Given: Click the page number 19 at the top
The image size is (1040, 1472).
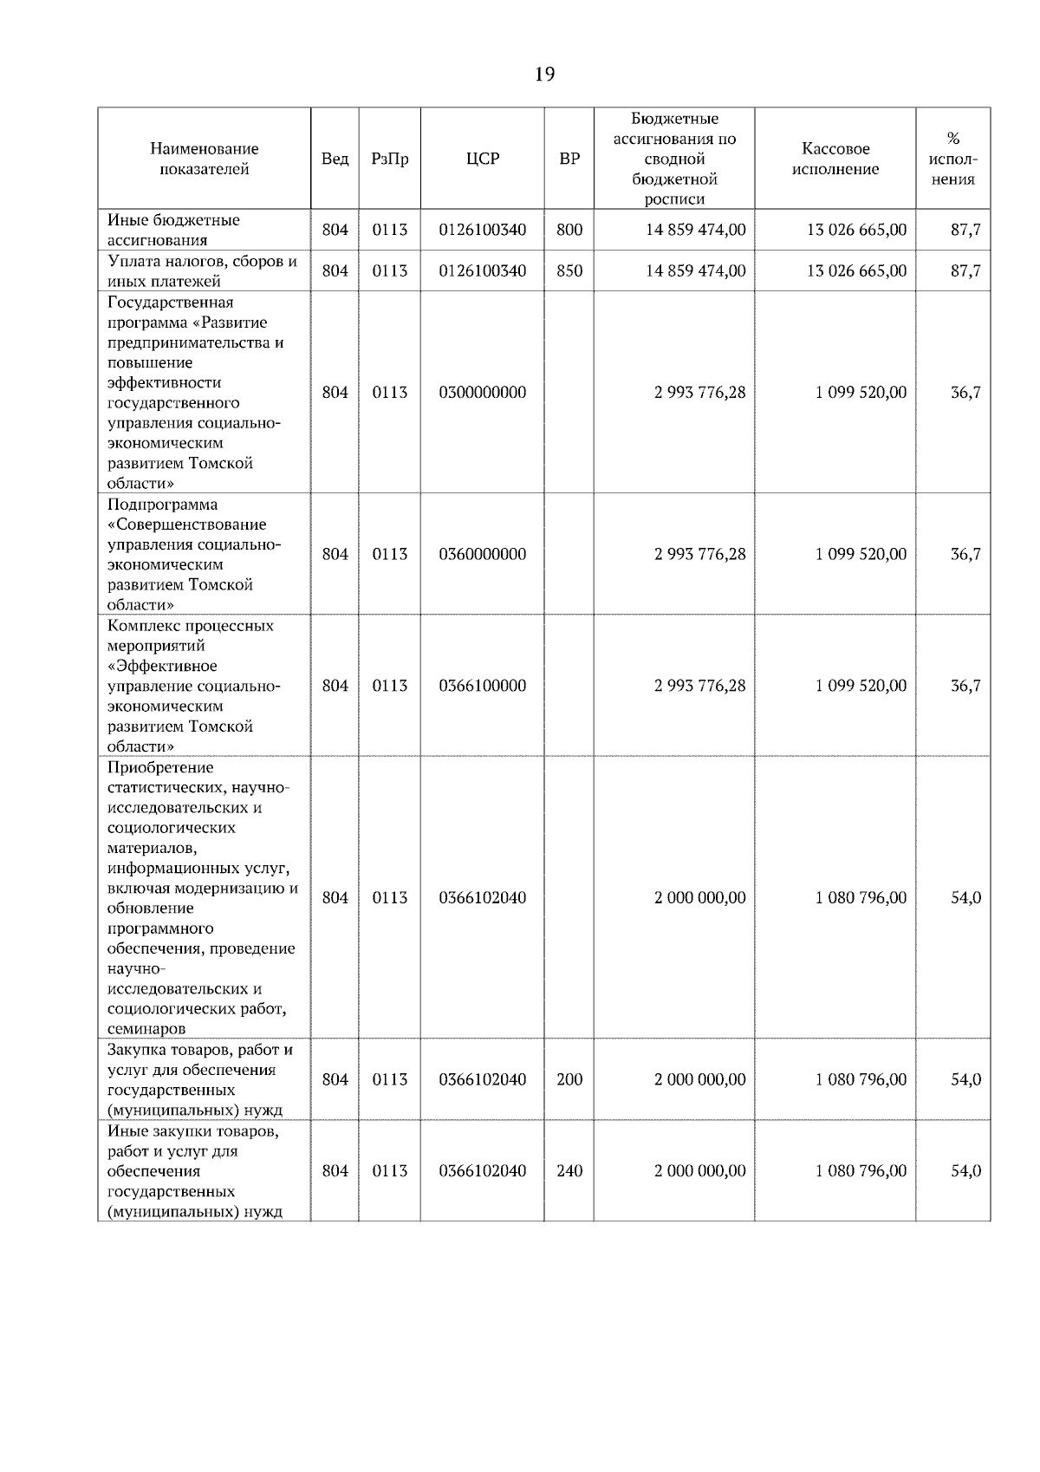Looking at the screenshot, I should point(544,75).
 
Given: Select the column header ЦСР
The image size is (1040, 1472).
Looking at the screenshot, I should point(483,159).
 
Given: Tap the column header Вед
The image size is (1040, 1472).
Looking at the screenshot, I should point(335,159).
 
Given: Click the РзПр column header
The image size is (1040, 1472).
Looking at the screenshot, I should point(389,159).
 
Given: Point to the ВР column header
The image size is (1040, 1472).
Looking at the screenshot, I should point(569,159).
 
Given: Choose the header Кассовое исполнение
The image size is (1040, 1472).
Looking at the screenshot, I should point(835,159).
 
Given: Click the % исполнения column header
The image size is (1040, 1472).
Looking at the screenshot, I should point(953,159).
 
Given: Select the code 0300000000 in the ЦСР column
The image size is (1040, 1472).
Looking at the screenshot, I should point(483,393).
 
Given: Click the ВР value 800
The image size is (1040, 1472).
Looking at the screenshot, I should point(569,230).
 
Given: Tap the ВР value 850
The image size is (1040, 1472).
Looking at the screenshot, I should point(569,270).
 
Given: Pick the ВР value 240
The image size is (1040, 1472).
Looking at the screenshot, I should point(569,1171).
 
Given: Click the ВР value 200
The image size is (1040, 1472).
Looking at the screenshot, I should point(569,1080).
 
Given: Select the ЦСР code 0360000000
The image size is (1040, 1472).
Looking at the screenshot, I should point(483,554).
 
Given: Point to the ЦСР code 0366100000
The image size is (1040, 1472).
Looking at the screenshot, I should point(483,686).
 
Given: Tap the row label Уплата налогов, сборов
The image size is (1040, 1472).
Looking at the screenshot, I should point(202,261).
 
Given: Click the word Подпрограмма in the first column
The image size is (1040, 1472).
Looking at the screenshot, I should point(163,505).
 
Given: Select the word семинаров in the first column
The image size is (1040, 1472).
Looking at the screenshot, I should point(146,1029).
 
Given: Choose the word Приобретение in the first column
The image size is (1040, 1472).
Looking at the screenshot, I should point(160,767).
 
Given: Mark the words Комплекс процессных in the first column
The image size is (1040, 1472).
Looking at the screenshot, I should point(191,626).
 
